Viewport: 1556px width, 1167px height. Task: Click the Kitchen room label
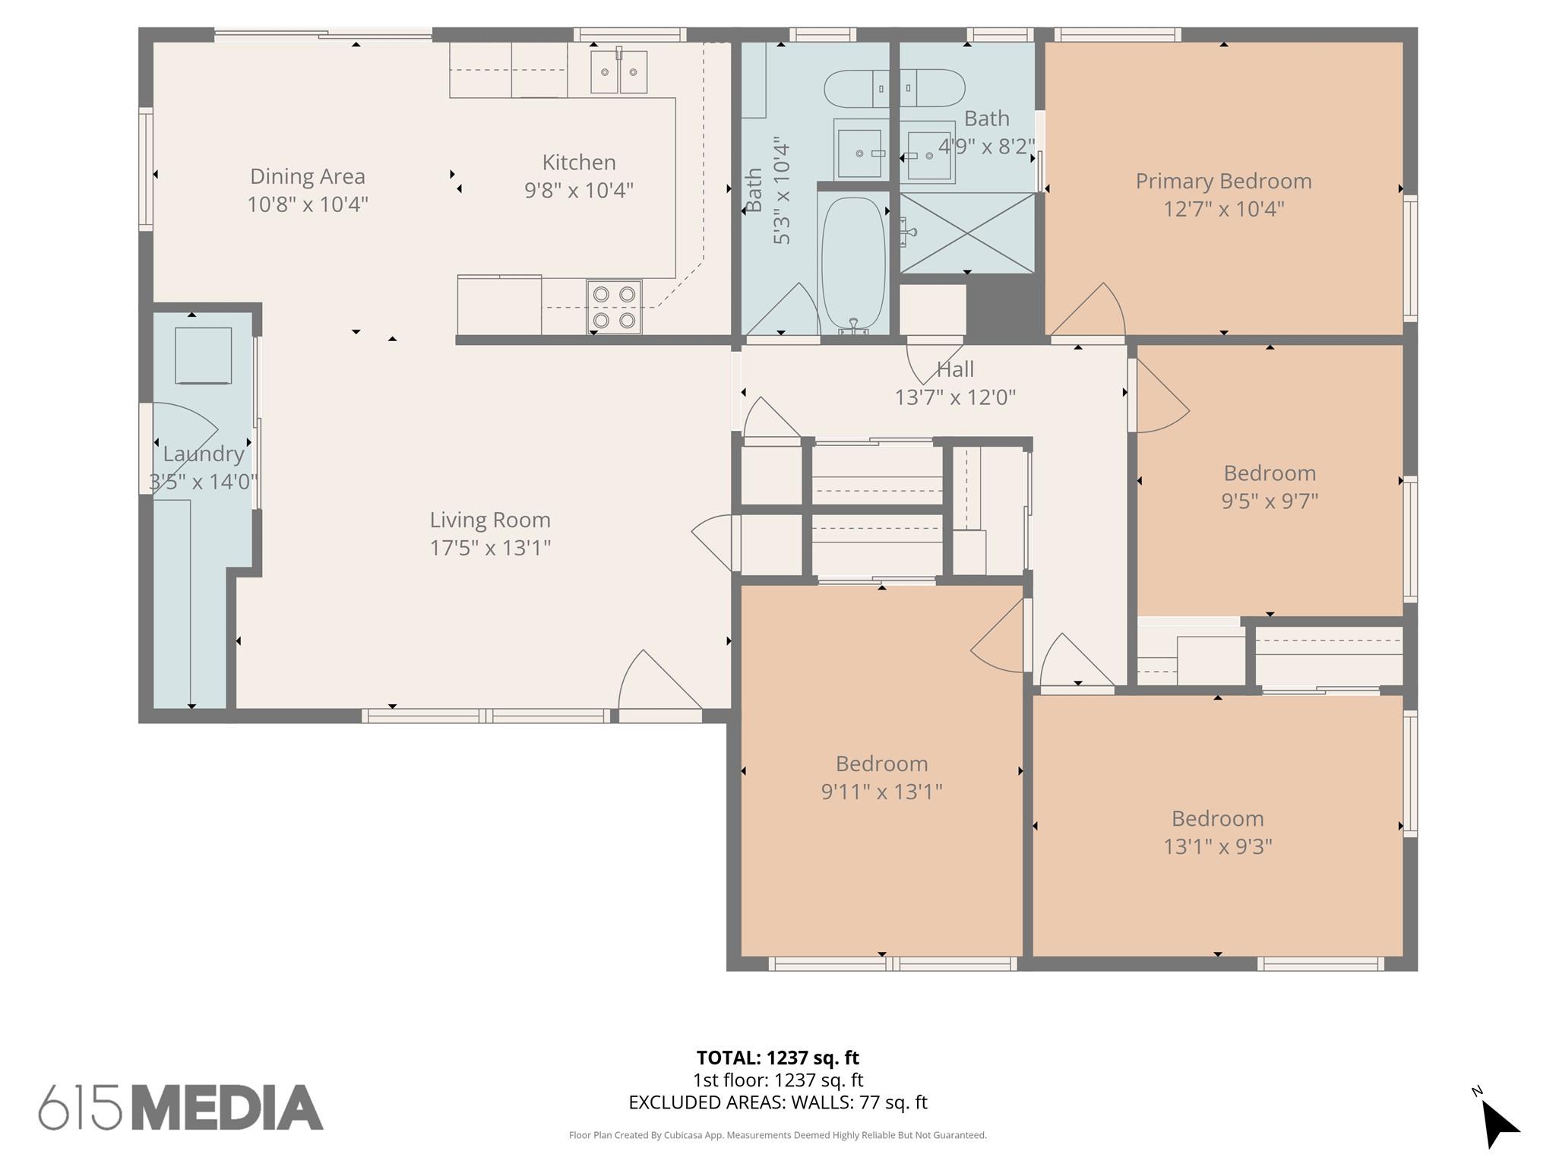tap(578, 163)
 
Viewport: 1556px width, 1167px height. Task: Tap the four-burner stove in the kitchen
tap(614, 307)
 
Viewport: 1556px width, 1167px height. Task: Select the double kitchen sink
tap(618, 71)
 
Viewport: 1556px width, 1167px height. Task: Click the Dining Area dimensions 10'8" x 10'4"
tap(308, 204)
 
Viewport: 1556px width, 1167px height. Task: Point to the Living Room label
tap(490, 520)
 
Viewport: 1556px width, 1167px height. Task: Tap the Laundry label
tap(203, 454)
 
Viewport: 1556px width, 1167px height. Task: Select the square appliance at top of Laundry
tap(203, 356)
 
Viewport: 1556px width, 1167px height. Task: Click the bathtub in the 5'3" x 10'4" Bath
tap(853, 262)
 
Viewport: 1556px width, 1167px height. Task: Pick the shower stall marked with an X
tap(966, 232)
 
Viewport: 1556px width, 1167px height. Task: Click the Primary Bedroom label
tap(1223, 182)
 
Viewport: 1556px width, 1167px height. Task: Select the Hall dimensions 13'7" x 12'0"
tap(955, 397)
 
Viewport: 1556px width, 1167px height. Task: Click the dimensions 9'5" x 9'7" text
tap(1270, 501)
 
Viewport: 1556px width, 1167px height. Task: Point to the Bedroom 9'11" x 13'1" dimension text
tap(881, 792)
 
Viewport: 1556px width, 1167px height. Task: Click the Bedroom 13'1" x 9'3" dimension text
tap(1217, 846)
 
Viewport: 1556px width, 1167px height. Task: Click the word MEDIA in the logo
tap(227, 1108)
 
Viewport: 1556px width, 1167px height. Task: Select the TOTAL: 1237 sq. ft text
tap(777, 1058)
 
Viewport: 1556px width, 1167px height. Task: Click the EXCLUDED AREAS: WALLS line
tap(777, 1102)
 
